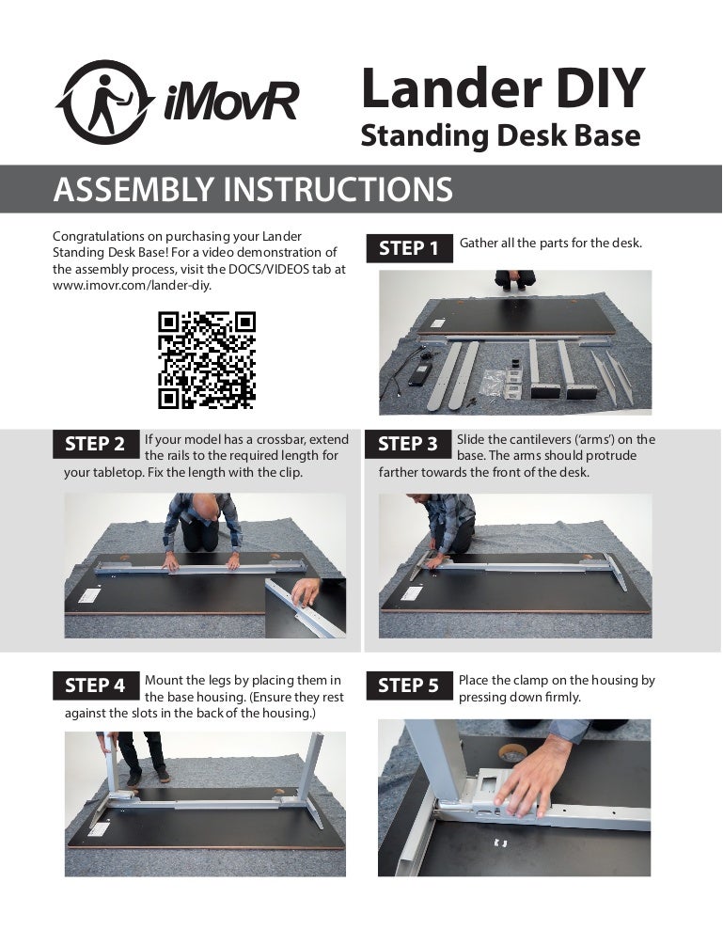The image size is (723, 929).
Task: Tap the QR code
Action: [206, 360]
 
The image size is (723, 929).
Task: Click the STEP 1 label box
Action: [408, 248]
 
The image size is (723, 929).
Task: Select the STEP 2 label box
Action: [95, 444]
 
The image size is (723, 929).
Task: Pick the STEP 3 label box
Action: [408, 444]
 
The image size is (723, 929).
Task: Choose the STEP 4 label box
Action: [95, 685]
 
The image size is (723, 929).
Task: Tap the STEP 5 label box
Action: [408, 685]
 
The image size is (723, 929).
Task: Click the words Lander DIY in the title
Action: [503, 87]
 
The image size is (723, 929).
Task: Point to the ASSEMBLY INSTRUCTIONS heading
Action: [253, 190]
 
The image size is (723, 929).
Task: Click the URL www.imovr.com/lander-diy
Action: [132, 285]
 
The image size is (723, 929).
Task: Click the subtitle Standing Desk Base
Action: [500, 136]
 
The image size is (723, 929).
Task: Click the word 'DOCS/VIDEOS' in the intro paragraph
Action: [265, 268]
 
